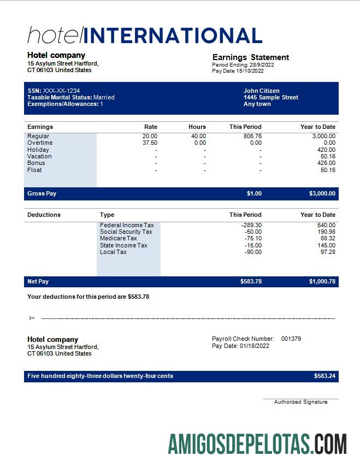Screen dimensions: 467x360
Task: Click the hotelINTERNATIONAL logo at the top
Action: [145, 36]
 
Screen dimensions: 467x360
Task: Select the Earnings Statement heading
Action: [250, 57]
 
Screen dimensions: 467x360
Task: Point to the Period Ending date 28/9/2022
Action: [258, 64]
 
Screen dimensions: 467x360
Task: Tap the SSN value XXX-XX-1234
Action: [61, 91]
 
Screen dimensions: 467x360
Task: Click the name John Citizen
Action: [261, 91]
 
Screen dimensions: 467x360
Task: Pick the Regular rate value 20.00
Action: [150, 136]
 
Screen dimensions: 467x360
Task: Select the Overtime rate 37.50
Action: [150, 143]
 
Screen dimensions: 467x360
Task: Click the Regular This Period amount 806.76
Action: [252, 136]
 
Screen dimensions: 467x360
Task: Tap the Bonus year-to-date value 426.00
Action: [326, 163]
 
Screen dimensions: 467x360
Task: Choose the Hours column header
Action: [197, 127]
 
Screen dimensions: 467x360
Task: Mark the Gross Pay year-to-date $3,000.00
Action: [322, 193]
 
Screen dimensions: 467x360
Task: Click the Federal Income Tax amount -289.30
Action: [252, 225]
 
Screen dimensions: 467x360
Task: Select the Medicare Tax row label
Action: [118, 238]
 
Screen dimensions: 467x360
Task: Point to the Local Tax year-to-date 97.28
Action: [328, 252]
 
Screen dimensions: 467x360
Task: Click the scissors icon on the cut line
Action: [32, 318]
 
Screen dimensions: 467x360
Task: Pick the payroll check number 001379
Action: [291, 339]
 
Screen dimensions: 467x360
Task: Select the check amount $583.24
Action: [324, 376]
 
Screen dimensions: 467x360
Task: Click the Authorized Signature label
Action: [300, 402]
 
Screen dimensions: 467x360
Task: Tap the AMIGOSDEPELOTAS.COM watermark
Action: [257, 444]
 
